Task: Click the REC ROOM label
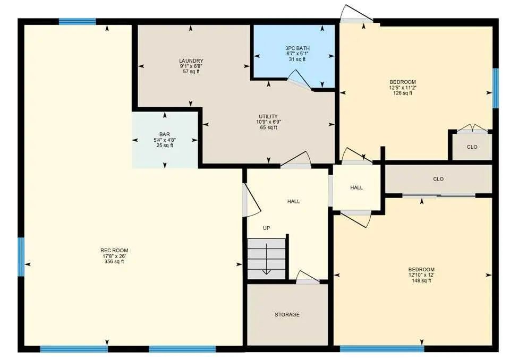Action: click(x=114, y=251)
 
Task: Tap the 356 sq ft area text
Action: click(x=114, y=261)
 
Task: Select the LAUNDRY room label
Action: click(x=191, y=61)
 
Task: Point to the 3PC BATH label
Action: click(x=297, y=48)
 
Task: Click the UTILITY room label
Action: click(x=268, y=116)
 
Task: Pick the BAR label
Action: click(x=165, y=134)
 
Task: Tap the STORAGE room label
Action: click(x=287, y=314)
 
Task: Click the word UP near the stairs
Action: click(x=266, y=228)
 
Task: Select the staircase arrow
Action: click(x=267, y=259)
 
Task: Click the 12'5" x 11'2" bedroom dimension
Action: click(x=403, y=88)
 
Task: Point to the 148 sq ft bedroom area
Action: click(x=421, y=280)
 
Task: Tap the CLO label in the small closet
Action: click(x=472, y=147)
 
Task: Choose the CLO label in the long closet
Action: click(x=438, y=179)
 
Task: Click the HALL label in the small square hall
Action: click(x=356, y=187)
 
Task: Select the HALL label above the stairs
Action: click(x=293, y=201)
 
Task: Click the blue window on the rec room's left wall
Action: click(x=21, y=257)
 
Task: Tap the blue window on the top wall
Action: click(x=78, y=21)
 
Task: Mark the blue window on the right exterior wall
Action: click(x=495, y=88)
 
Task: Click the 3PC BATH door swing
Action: click(x=300, y=80)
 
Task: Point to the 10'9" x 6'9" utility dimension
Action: click(x=268, y=122)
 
